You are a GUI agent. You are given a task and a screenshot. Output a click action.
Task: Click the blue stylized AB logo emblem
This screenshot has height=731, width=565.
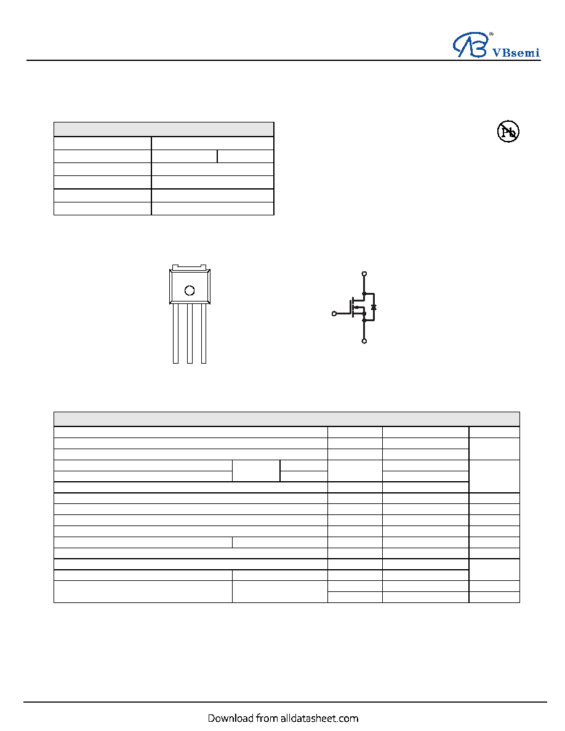(x=470, y=45)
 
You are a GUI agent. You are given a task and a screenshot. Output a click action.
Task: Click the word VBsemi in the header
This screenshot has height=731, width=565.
(x=516, y=53)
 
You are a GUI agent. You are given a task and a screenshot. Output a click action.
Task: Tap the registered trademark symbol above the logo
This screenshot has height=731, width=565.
(x=491, y=34)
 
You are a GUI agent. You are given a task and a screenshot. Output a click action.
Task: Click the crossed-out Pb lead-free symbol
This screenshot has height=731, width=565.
(x=508, y=132)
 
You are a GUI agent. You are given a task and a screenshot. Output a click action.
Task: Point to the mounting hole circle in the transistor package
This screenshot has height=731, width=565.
(x=190, y=290)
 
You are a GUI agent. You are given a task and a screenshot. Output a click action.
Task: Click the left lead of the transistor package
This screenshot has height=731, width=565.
(x=176, y=334)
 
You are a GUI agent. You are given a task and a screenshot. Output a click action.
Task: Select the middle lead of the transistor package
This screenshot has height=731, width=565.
(x=190, y=334)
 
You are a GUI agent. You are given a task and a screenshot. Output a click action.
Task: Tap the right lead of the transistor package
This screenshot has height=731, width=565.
(x=204, y=334)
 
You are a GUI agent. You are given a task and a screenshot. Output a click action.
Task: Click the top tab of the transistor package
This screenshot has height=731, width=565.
(x=190, y=267)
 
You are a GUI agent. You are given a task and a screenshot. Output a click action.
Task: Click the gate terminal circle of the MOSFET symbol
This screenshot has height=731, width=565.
(x=334, y=314)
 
